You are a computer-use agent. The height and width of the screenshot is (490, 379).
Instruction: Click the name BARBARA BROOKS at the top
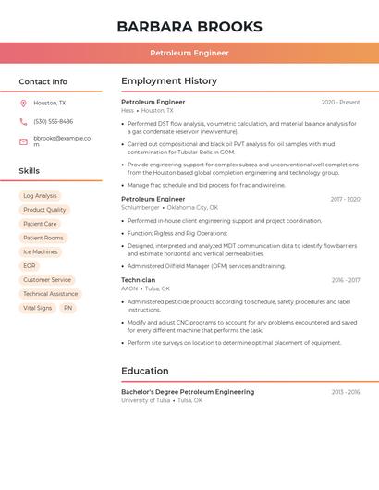point(189,27)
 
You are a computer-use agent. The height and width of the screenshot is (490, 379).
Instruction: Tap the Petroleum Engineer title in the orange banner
point(189,53)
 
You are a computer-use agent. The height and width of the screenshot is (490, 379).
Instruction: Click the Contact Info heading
point(43,81)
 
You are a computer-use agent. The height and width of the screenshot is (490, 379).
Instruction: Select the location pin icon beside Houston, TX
point(23,104)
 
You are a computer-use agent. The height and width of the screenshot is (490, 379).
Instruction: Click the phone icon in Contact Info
point(23,121)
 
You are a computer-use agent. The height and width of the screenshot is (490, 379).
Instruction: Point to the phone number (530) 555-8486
point(54,121)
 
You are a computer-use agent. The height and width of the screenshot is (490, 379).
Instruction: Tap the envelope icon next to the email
point(23,141)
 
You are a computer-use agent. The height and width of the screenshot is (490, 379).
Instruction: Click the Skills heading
point(30,171)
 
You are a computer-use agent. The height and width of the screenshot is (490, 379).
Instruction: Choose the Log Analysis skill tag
point(40,196)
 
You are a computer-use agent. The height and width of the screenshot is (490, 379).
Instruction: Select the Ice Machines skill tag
point(41,251)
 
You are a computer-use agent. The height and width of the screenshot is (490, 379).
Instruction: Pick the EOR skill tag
point(30,266)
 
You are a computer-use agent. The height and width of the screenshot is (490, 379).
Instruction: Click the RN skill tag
point(67,308)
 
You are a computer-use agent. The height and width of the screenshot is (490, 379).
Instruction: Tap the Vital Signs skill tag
point(38,308)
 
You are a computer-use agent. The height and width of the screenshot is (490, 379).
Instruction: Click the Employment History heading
point(169,81)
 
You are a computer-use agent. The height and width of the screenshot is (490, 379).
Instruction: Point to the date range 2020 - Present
point(340,102)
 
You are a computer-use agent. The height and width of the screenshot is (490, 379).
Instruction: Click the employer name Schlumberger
point(141,207)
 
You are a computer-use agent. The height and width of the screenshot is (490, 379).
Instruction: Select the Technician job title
point(139,280)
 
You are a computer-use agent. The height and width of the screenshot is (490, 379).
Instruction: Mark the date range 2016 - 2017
point(346,280)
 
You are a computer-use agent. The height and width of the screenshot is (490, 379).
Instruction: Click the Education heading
point(145,371)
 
